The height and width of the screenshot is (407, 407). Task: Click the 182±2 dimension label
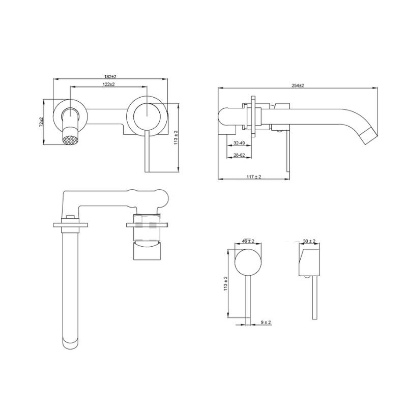tap(110, 77)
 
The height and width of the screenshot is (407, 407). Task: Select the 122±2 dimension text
tap(109, 84)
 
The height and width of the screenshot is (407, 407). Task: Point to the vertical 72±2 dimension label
tap(41, 122)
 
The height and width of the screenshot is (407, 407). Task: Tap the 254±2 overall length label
tap(298, 85)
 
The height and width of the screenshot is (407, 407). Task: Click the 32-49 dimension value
tap(239, 143)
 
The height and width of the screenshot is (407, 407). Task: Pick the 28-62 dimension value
tap(239, 155)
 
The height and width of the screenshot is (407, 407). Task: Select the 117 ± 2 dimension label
tap(253, 177)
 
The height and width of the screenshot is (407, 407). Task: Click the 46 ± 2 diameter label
tap(248, 241)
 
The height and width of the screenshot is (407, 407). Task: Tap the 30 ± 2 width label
tap(309, 241)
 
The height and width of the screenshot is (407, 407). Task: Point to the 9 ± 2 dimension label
tap(266, 323)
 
